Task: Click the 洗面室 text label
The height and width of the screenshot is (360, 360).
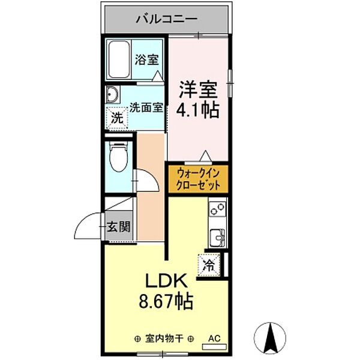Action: [146, 109]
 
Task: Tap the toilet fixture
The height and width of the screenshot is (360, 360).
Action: [119, 157]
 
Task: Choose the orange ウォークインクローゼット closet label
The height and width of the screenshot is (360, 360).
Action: [199, 179]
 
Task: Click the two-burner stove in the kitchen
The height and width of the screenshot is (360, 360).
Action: [217, 212]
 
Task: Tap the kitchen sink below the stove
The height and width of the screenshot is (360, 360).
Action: [217, 237]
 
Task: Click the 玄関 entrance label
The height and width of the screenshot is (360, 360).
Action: [119, 227]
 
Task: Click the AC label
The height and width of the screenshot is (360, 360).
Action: [214, 338]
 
